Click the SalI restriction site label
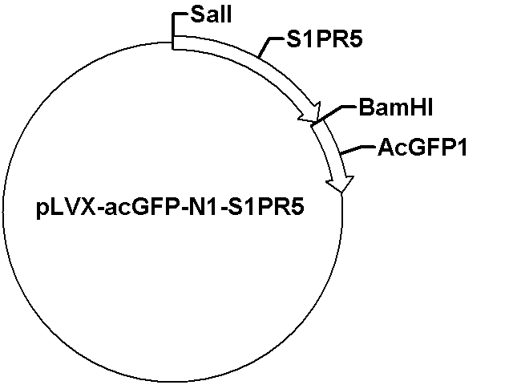(211, 14)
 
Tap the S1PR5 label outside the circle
(325, 39)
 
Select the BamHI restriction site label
(396, 107)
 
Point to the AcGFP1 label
(422, 148)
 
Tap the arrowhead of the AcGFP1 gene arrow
(340, 184)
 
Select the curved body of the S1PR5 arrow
(242, 63)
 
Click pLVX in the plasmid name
(67, 207)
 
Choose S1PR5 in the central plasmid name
(265, 207)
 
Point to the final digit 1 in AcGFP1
(462, 148)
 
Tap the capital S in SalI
(197, 14)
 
